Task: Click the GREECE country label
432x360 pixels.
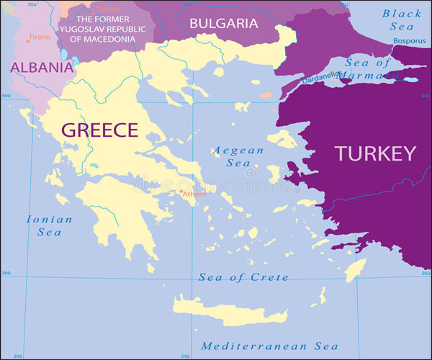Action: point(99,130)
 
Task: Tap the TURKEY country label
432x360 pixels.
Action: point(374,153)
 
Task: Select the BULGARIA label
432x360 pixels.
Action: point(223,23)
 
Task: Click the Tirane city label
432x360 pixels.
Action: point(40,36)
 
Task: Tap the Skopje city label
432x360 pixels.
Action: point(109,9)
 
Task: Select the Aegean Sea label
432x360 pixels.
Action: point(230,157)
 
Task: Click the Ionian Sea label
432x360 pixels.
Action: point(49,225)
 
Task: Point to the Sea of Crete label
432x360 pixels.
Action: point(243,277)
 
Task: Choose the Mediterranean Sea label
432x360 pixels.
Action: point(269,346)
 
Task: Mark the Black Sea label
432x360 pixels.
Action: point(402,19)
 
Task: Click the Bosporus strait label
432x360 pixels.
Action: point(409,41)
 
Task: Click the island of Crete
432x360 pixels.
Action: point(230,311)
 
